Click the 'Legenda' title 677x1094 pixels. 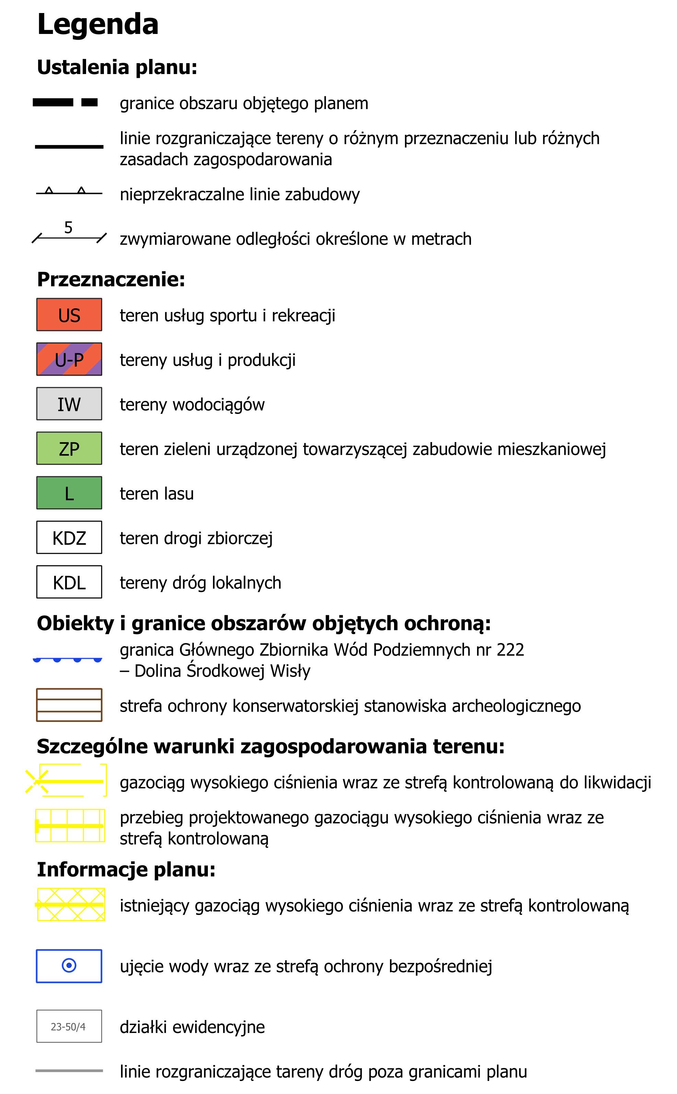98,25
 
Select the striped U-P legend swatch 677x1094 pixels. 69,359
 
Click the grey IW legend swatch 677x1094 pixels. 69,404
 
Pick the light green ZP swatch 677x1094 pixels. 69,448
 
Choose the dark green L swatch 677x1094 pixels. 69,493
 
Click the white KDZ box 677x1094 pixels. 69,537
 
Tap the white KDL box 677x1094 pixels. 69,582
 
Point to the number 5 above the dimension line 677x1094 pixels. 68,227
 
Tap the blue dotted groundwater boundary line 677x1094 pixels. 68,659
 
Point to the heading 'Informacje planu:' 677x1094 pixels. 126,869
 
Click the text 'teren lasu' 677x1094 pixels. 157,493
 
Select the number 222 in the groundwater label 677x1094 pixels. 510,650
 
